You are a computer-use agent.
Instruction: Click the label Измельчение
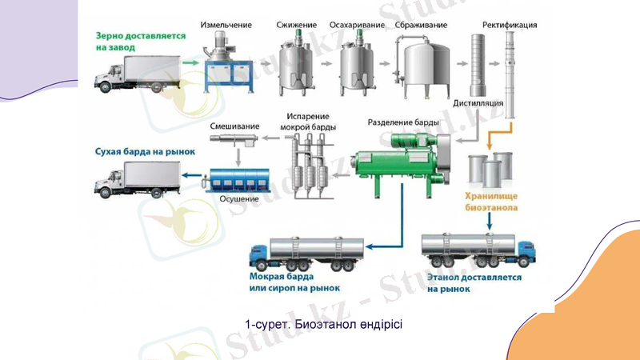226,25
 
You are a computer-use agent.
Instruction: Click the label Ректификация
510,25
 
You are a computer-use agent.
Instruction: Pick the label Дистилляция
478,103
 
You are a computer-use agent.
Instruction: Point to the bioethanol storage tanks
489,168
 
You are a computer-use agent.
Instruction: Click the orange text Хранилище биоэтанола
492,201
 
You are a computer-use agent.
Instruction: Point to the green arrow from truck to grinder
190,61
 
